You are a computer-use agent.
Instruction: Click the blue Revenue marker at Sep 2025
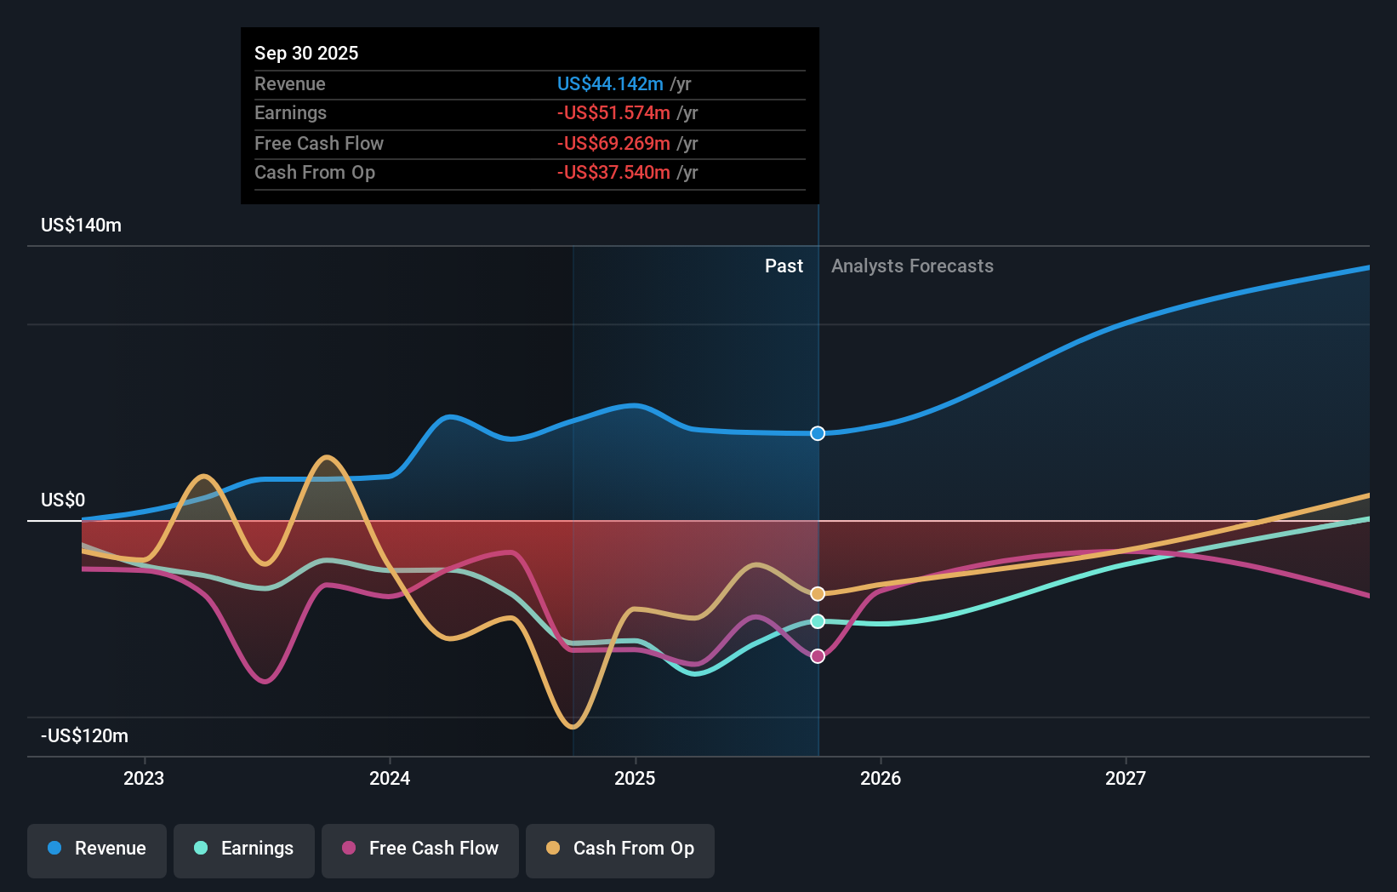point(818,433)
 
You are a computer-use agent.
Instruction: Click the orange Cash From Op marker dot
point(818,593)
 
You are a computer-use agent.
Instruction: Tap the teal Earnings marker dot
point(818,621)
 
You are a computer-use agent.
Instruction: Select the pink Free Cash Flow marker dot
point(818,656)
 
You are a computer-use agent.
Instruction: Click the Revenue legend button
point(97,849)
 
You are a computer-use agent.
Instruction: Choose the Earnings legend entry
point(244,849)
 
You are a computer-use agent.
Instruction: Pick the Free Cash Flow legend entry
point(420,849)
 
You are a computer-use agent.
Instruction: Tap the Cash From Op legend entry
point(620,849)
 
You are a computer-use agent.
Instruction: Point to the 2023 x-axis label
point(144,778)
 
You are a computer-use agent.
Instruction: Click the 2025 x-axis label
point(635,778)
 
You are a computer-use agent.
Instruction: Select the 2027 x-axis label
point(1125,778)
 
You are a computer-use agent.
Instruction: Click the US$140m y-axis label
point(81,226)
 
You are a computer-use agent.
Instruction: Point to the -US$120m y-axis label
point(84,735)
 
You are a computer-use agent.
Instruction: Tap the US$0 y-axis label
point(63,500)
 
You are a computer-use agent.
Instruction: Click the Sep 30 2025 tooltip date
point(306,53)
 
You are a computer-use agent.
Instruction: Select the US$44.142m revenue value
point(610,83)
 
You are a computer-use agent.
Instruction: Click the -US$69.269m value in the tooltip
point(613,143)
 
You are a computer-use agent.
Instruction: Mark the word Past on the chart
point(784,266)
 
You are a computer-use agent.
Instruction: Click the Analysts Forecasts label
point(912,266)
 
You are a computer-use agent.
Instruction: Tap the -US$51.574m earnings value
point(613,112)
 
